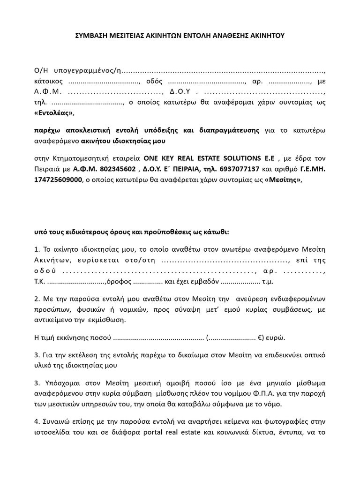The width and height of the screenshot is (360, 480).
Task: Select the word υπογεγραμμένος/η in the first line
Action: click(x=89, y=71)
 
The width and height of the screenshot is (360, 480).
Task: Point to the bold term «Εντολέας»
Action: click(x=54, y=113)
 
